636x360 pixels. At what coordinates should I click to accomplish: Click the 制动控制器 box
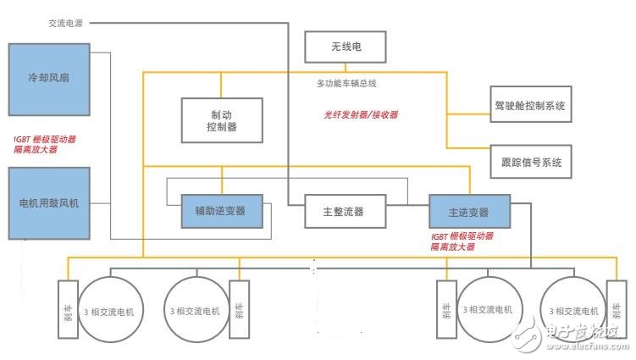(221, 119)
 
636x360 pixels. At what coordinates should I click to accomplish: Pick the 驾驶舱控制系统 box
(530, 107)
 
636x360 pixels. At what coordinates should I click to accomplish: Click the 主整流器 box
(346, 212)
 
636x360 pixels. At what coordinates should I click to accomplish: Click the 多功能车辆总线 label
(346, 83)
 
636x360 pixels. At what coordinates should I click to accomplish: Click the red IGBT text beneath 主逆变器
(462, 241)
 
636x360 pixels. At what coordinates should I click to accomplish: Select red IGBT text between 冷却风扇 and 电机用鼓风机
(45, 144)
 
